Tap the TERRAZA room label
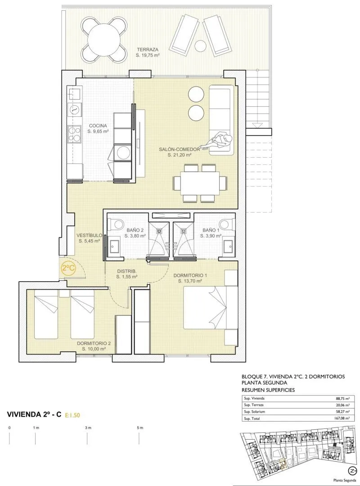tap(148, 50)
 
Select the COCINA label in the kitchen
tap(98, 126)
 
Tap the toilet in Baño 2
tap(115, 223)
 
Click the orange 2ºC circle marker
tap(68, 268)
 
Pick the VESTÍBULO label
tap(90, 235)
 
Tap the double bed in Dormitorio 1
tap(211, 307)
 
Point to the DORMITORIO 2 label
tap(94, 343)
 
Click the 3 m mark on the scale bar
tap(88, 428)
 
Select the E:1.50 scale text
tap(72, 415)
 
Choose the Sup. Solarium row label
tap(254, 412)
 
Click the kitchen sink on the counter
tap(75, 93)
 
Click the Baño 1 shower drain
tap(183, 231)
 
